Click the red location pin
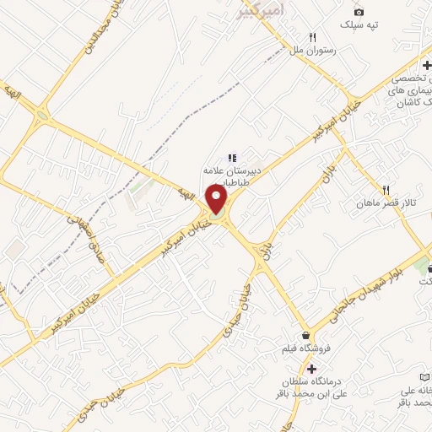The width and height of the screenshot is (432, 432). pyautogui.click(x=217, y=200)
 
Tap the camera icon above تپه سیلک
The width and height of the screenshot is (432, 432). pyautogui.click(x=359, y=12)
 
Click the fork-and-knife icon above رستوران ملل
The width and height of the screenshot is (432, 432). pyautogui.click(x=313, y=37)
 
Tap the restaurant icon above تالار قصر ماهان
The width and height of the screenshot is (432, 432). pyautogui.click(x=386, y=190)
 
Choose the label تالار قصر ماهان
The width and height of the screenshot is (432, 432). pyautogui.click(x=387, y=204)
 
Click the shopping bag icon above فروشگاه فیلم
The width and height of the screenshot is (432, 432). pyautogui.click(x=305, y=335)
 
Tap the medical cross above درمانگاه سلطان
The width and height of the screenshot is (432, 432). pyautogui.click(x=312, y=369)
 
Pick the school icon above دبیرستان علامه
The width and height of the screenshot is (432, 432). pyautogui.click(x=231, y=157)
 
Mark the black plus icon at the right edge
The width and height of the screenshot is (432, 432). pyautogui.click(x=427, y=65)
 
